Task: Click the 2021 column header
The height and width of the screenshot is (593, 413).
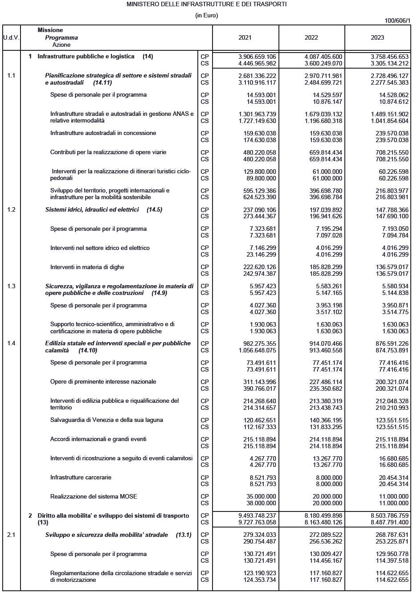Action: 245,38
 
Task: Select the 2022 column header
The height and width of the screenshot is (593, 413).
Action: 311,38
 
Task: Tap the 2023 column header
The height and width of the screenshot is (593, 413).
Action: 377,38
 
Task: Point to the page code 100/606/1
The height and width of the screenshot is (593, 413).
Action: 397,21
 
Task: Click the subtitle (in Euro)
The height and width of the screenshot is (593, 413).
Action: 207,16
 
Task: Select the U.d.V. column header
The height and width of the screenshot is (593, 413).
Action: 11,38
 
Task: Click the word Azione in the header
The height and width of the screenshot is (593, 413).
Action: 61,45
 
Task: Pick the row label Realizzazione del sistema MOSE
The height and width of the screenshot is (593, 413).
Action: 94,496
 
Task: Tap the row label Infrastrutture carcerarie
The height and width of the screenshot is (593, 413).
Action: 81,477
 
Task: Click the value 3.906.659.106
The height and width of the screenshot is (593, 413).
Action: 257,57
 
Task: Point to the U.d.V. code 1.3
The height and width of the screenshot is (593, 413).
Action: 11,286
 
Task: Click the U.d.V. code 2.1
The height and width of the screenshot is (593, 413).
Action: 11,535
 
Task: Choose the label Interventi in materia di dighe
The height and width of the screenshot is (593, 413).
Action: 87,267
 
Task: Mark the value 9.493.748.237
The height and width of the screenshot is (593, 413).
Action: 257,515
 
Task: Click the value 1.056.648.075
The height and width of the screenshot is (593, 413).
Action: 257,350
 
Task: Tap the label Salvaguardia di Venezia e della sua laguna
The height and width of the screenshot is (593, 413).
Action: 106,420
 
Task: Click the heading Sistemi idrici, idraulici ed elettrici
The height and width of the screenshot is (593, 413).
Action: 92,209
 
